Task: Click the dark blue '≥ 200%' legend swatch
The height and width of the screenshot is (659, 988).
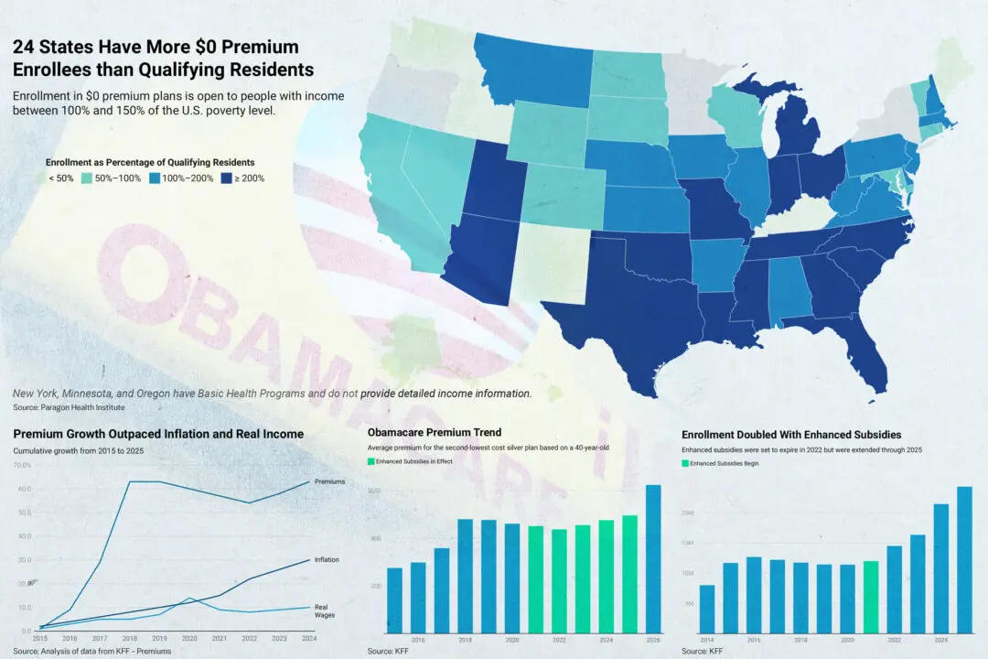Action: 226,178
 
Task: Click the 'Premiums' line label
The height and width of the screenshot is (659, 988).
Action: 329,481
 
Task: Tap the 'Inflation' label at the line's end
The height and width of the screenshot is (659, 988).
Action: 327,559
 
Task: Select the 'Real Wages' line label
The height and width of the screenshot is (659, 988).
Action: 322,610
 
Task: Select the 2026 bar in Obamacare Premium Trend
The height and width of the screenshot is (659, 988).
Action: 653,557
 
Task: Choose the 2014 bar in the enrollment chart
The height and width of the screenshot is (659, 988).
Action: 707,608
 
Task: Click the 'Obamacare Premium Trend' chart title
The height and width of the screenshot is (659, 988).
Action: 434,432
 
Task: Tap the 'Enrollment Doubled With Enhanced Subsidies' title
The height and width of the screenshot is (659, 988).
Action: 791,434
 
